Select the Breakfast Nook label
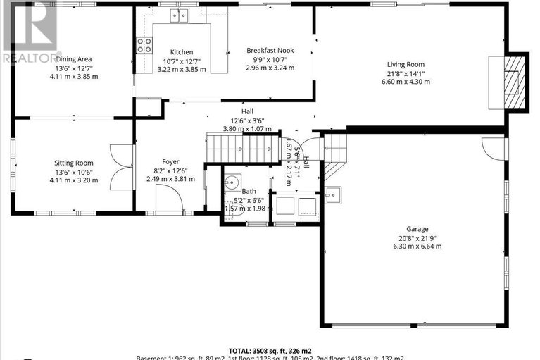click(x=269, y=51)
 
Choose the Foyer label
click(x=170, y=161)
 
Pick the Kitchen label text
click(x=181, y=52)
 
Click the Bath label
click(x=249, y=191)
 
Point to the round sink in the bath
click(x=233, y=185)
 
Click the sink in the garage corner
click(x=332, y=194)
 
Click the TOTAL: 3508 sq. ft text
click(x=270, y=350)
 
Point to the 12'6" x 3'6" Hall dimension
click(x=247, y=120)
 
